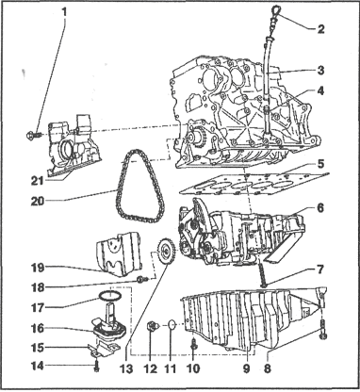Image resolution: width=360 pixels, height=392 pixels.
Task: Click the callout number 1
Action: coord(64,13)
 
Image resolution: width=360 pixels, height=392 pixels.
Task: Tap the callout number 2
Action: coord(320,29)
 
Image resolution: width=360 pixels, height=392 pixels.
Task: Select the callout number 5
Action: coord(319,164)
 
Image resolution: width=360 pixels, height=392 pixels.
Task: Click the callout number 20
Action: coord(38,201)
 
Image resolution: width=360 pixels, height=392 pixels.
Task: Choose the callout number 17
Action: coord(39,306)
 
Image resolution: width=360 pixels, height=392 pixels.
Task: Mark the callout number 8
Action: coord(268,368)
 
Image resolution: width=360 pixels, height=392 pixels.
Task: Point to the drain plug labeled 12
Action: coord(152,326)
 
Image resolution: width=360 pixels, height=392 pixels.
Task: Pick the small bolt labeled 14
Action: coord(97,366)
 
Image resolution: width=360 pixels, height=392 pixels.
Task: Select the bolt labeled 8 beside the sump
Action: coord(323,330)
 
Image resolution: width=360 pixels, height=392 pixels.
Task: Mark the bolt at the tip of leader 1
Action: coord(32,136)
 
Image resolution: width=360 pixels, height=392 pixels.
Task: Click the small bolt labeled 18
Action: coord(142,279)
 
